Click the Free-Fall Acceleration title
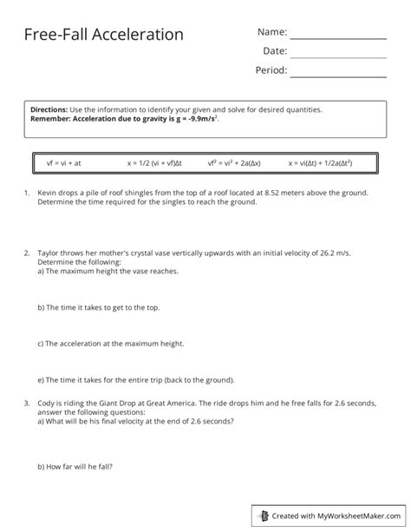104,35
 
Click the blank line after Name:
337,37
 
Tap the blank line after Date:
337,56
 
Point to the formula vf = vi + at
63,162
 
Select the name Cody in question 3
46,404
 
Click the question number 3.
27,404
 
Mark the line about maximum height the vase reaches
108,271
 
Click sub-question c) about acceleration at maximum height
111,344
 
